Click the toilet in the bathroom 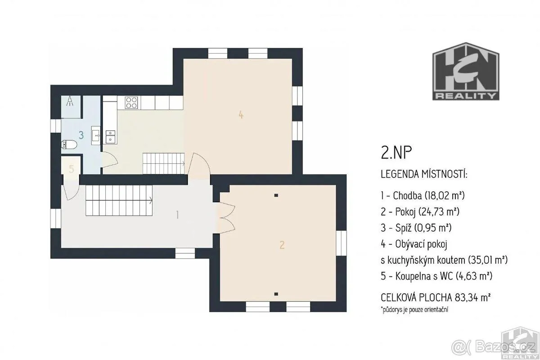coord(69,145)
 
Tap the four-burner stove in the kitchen coord(131,103)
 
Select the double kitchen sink coord(110,136)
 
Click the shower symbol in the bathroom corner coord(70,101)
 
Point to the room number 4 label coord(241,115)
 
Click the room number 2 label coord(282,245)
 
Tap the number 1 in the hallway coord(178,215)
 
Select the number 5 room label coord(72,169)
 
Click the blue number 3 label coord(81,135)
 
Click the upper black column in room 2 coord(276,195)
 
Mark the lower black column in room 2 coord(276,294)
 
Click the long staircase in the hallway coord(119,200)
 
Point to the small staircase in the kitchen coord(164,163)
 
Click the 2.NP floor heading coord(396,153)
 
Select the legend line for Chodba coord(423,196)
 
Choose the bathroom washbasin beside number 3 coord(96,135)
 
